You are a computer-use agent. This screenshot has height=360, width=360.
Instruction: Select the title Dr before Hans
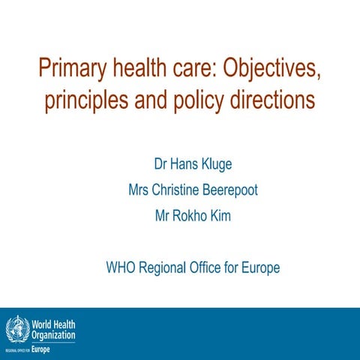tap(160, 164)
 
